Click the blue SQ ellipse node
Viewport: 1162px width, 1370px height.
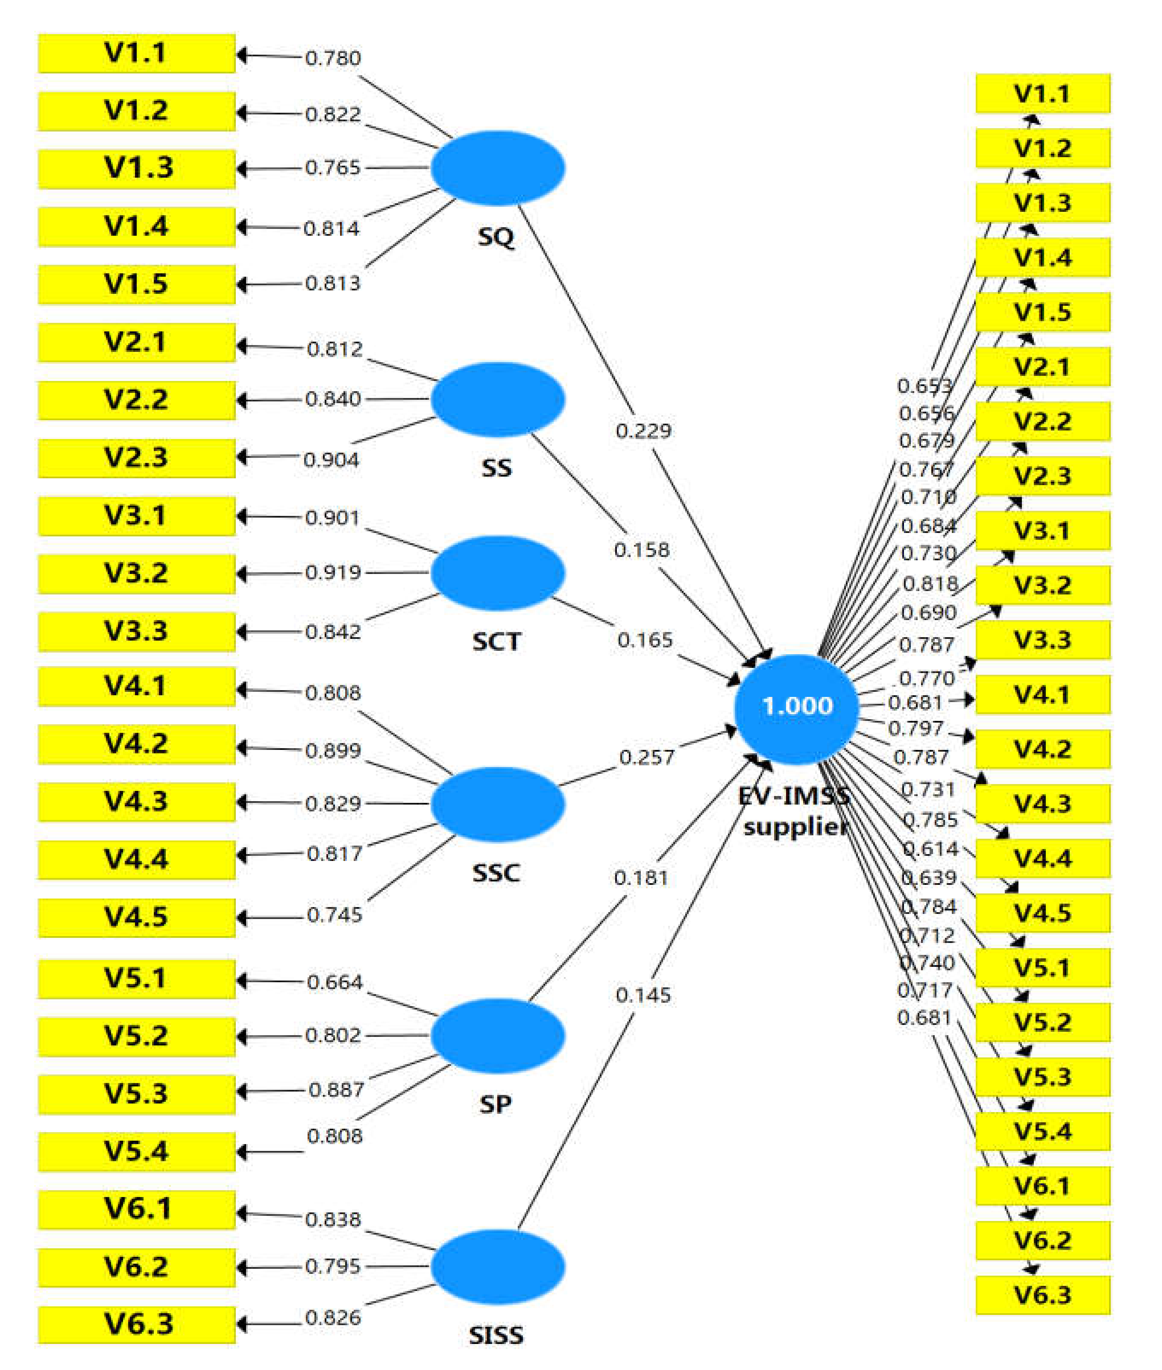(x=497, y=167)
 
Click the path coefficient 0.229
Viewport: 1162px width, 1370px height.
(x=643, y=431)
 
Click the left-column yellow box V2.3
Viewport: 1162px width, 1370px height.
(x=136, y=457)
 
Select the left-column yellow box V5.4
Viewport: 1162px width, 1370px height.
(x=136, y=1151)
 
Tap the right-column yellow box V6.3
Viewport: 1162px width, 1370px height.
(x=1042, y=1294)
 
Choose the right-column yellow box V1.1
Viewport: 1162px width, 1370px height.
(x=1042, y=94)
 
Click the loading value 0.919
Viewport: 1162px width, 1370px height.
(x=333, y=573)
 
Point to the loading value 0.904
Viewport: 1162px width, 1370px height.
(x=332, y=460)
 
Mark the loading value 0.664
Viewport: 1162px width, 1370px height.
(x=335, y=982)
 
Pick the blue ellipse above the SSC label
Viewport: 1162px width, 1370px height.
(x=497, y=803)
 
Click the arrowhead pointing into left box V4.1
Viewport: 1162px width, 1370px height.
(x=242, y=690)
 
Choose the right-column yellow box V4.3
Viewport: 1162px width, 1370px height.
(x=1042, y=803)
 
